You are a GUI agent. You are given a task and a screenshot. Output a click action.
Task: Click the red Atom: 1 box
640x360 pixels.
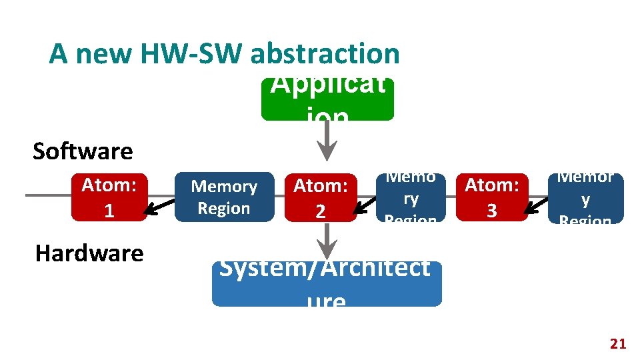[109, 197]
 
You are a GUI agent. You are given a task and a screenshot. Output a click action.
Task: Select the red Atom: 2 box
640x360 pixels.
[321, 198]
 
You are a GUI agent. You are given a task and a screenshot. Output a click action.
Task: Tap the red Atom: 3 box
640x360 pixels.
[491, 197]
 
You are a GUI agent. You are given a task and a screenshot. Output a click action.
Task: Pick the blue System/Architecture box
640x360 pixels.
[327, 284]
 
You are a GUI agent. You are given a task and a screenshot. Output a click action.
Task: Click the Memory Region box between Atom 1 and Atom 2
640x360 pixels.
[224, 197]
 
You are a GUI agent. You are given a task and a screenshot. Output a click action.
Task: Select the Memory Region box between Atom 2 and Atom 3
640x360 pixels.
[411, 198]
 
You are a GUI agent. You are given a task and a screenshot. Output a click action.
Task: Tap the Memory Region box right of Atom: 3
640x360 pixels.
[585, 198]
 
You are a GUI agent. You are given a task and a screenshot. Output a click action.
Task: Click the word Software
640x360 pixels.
[83, 151]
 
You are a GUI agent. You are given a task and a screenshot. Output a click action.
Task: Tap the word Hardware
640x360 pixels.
[89, 253]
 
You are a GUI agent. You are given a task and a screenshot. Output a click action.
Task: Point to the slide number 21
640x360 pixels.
[618, 344]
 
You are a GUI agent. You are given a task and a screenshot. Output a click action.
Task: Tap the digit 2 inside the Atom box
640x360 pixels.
[321, 211]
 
